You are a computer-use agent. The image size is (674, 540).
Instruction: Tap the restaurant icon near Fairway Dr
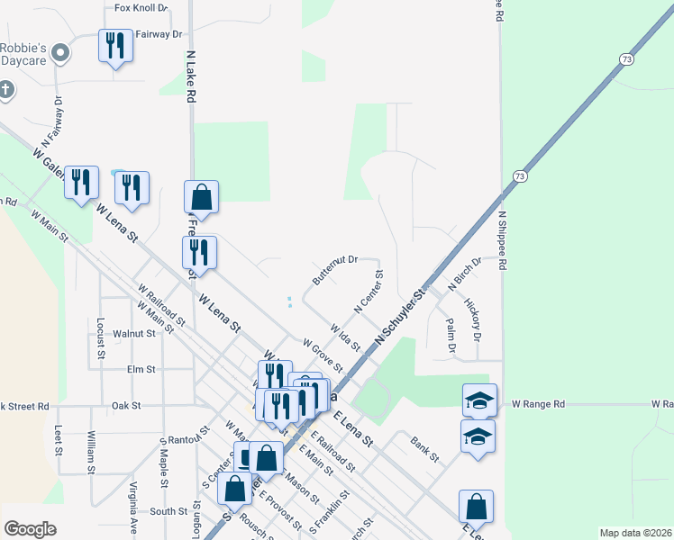(x=115, y=46)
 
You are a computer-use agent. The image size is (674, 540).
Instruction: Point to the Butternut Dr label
(x=335, y=269)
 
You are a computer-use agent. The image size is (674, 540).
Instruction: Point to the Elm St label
(x=141, y=369)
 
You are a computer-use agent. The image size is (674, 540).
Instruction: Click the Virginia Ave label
(x=132, y=508)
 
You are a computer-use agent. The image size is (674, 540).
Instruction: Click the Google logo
(x=31, y=529)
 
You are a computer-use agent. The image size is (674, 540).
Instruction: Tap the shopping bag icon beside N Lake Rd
(x=201, y=197)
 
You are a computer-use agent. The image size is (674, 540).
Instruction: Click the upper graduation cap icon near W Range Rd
(x=479, y=400)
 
